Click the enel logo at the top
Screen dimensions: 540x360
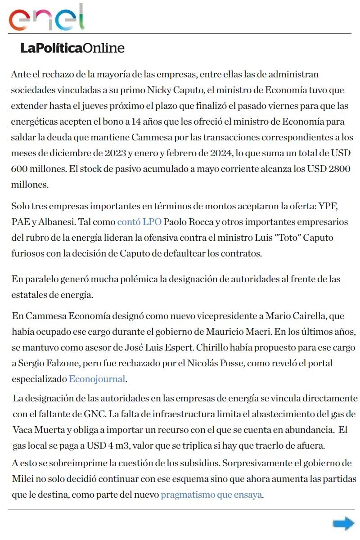click(47, 18)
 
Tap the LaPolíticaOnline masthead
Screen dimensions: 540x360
click(72, 48)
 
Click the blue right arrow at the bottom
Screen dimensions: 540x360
click(344, 523)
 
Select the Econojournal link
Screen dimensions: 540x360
click(97, 379)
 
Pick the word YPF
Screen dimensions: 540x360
click(328, 207)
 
